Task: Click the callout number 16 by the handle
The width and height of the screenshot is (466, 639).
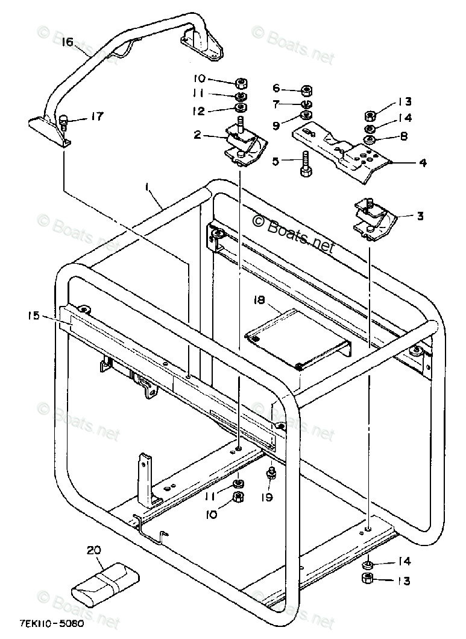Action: coord(67,42)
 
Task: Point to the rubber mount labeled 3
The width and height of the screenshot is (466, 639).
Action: coord(373,220)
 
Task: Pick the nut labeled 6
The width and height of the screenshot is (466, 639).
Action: coord(306,91)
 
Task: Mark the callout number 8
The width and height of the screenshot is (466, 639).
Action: coord(403,136)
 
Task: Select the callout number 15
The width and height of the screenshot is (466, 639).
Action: coord(34,314)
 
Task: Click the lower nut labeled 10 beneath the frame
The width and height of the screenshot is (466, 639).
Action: coord(237,497)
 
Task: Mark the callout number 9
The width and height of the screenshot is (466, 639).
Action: coord(277,126)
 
